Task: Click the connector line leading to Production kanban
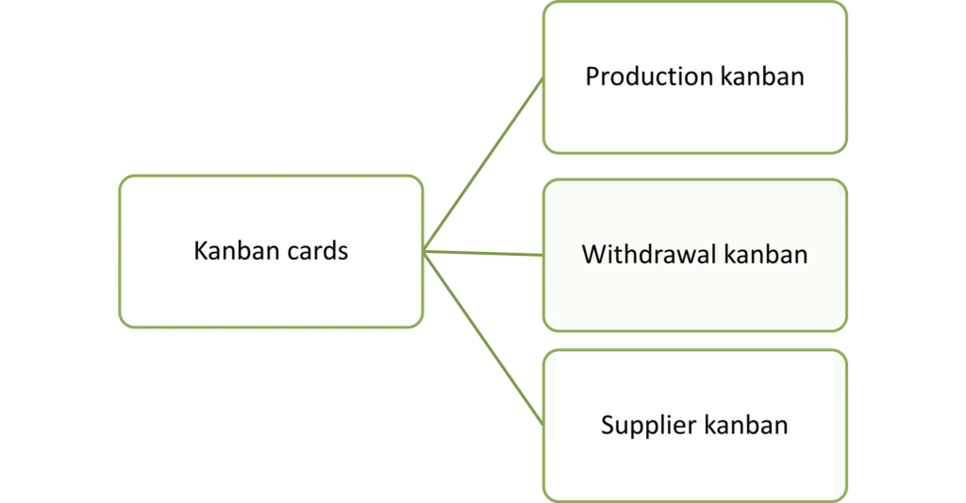click(x=484, y=165)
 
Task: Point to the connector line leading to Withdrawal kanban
click(x=484, y=253)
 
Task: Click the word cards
click(x=318, y=251)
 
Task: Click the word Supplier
click(x=648, y=426)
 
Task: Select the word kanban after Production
click(x=762, y=76)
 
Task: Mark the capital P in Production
click(x=592, y=76)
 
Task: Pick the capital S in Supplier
click(x=608, y=426)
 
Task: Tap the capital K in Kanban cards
click(x=200, y=251)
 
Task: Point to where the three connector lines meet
click(x=425, y=252)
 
